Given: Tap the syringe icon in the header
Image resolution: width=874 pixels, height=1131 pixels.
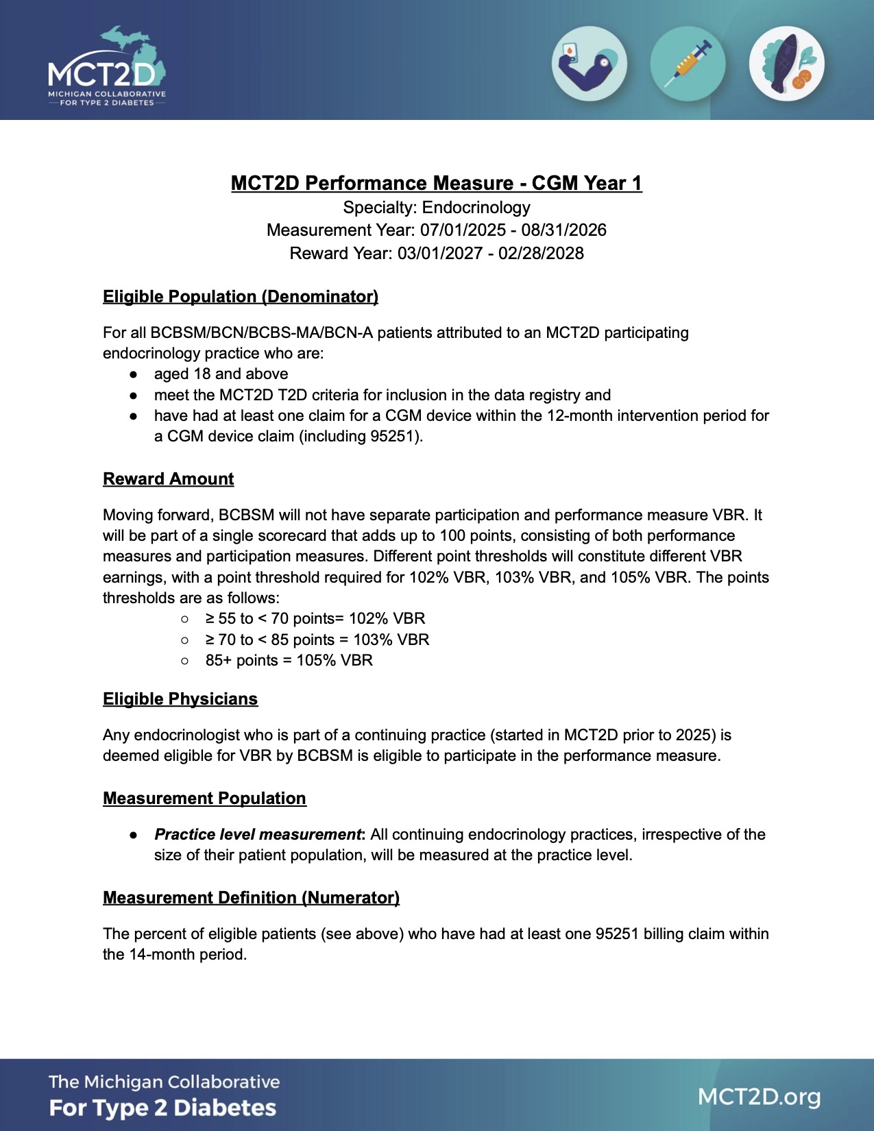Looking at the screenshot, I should [x=688, y=64].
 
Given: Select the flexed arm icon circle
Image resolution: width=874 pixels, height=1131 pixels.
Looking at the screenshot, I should [x=589, y=64].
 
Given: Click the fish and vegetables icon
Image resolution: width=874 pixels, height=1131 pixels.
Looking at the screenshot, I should [x=786, y=64].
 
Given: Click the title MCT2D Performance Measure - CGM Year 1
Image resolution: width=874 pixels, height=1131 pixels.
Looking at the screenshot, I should [x=436, y=184].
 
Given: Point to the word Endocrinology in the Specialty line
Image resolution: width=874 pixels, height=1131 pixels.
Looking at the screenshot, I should [x=476, y=208].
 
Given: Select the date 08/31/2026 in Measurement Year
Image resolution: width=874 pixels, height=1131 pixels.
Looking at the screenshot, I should [x=563, y=230].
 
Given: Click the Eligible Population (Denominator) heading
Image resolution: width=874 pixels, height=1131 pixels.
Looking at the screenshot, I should [x=240, y=297].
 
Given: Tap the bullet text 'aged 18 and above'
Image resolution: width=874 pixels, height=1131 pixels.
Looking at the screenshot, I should [x=221, y=374].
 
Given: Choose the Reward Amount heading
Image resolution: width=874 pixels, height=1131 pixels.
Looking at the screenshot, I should [x=168, y=479].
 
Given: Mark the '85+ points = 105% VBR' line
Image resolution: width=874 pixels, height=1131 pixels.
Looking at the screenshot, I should [x=289, y=661].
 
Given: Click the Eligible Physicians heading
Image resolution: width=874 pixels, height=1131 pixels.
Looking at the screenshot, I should [x=180, y=699].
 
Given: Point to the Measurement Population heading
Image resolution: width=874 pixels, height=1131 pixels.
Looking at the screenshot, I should [x=204, y=799].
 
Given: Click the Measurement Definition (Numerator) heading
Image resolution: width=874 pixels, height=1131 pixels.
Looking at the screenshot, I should [x=251, y=898].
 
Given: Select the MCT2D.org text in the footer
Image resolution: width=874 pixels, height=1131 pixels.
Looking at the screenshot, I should [x=759, y=1097].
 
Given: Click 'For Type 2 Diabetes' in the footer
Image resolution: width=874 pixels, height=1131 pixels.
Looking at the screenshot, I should [x=162, y=1108].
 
